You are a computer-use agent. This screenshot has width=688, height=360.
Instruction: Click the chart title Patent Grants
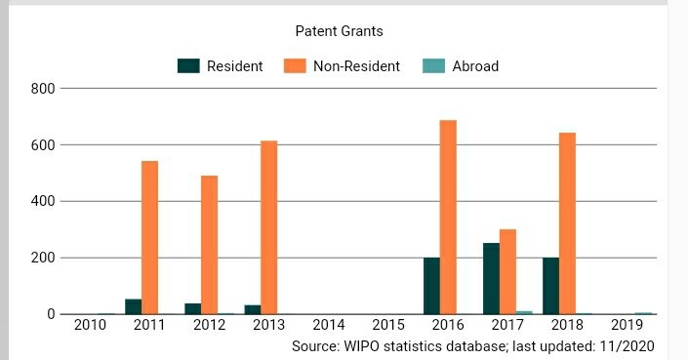[339, 31]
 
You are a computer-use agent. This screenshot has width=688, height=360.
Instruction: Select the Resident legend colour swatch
[188, 66]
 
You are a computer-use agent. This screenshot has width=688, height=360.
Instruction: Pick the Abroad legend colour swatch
[433, 66]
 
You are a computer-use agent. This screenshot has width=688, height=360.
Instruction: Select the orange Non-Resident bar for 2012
[209, 245]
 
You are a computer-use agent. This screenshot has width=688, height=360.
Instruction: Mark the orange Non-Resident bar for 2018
[567, 223]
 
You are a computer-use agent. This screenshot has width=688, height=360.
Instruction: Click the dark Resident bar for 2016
[431, 286]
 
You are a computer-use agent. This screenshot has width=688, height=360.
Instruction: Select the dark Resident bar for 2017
[491, 278]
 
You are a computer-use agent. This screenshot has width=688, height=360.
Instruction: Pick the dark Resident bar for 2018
[550, 286]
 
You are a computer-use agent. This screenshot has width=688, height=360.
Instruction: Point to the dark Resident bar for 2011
[133, 306]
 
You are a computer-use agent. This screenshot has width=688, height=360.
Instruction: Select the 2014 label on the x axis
[329, 325]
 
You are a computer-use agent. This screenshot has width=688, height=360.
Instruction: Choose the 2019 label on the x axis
[627, 325]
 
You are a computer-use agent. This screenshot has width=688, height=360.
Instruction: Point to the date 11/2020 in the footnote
[626, 346]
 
